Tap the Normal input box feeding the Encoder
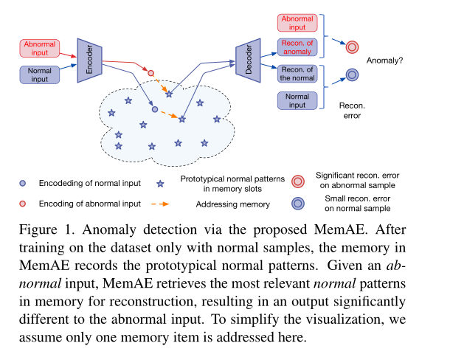pos(38,73)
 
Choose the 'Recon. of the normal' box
pos(298,73)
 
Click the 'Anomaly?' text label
pos(385,61)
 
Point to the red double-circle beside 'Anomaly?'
pos(352,47)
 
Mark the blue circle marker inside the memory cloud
pos(154,109)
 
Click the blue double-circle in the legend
pos(299,204)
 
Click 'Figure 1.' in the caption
pos(46,229)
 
